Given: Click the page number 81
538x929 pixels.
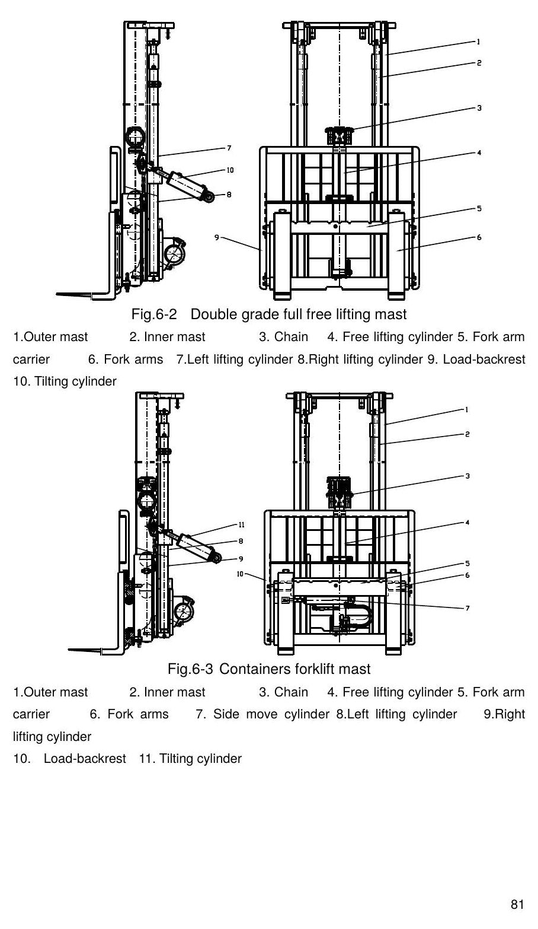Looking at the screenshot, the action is click(x=517, y=905).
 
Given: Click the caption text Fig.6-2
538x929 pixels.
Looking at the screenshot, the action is click(x=154, y=314).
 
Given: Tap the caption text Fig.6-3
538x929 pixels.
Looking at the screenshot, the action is click(x=190, y=669).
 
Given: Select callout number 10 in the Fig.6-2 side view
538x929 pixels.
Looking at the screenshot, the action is click(x=230, y=170).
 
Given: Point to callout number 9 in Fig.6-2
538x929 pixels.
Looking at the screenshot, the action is click(x=217, y=237).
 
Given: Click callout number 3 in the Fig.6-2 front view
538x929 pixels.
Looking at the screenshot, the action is click(x=479, y=108).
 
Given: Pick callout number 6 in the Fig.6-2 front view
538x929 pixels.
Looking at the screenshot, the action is click(x=479, y=237).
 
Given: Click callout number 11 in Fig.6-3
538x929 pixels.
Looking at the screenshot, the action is click(x=242, y=524).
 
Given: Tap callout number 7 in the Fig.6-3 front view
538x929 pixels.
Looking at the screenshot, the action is click(x=467, y=609).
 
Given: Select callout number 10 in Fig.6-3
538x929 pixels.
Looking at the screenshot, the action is click(x=240, y=574).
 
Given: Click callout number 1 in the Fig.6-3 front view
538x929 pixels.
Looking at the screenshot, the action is click(x=467, y=410).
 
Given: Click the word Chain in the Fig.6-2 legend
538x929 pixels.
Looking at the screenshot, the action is click(x=291, y=337).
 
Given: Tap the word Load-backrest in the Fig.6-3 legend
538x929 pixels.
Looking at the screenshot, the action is click(x=85, y=759).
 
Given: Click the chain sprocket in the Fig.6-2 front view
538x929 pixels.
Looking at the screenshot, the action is click(x=340, y=135).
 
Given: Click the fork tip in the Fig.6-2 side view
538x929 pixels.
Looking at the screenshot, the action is click(x=57, y=294).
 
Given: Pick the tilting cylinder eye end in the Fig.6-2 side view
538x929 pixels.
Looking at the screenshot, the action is click(x=210, y=198).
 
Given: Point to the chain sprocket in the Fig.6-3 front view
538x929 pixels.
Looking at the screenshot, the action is click(x=339, y=493).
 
